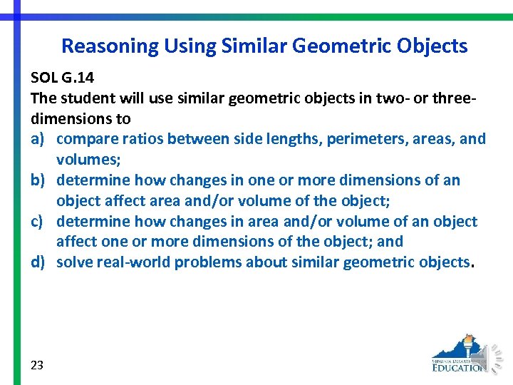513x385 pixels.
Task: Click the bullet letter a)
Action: [38, 139]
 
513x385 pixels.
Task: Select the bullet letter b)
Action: [39, 180]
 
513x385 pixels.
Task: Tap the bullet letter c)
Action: [38, 222]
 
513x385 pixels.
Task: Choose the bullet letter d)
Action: [39, 262]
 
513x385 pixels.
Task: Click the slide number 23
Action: [37, 365]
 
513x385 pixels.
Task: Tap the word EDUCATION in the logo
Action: [459, 367]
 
